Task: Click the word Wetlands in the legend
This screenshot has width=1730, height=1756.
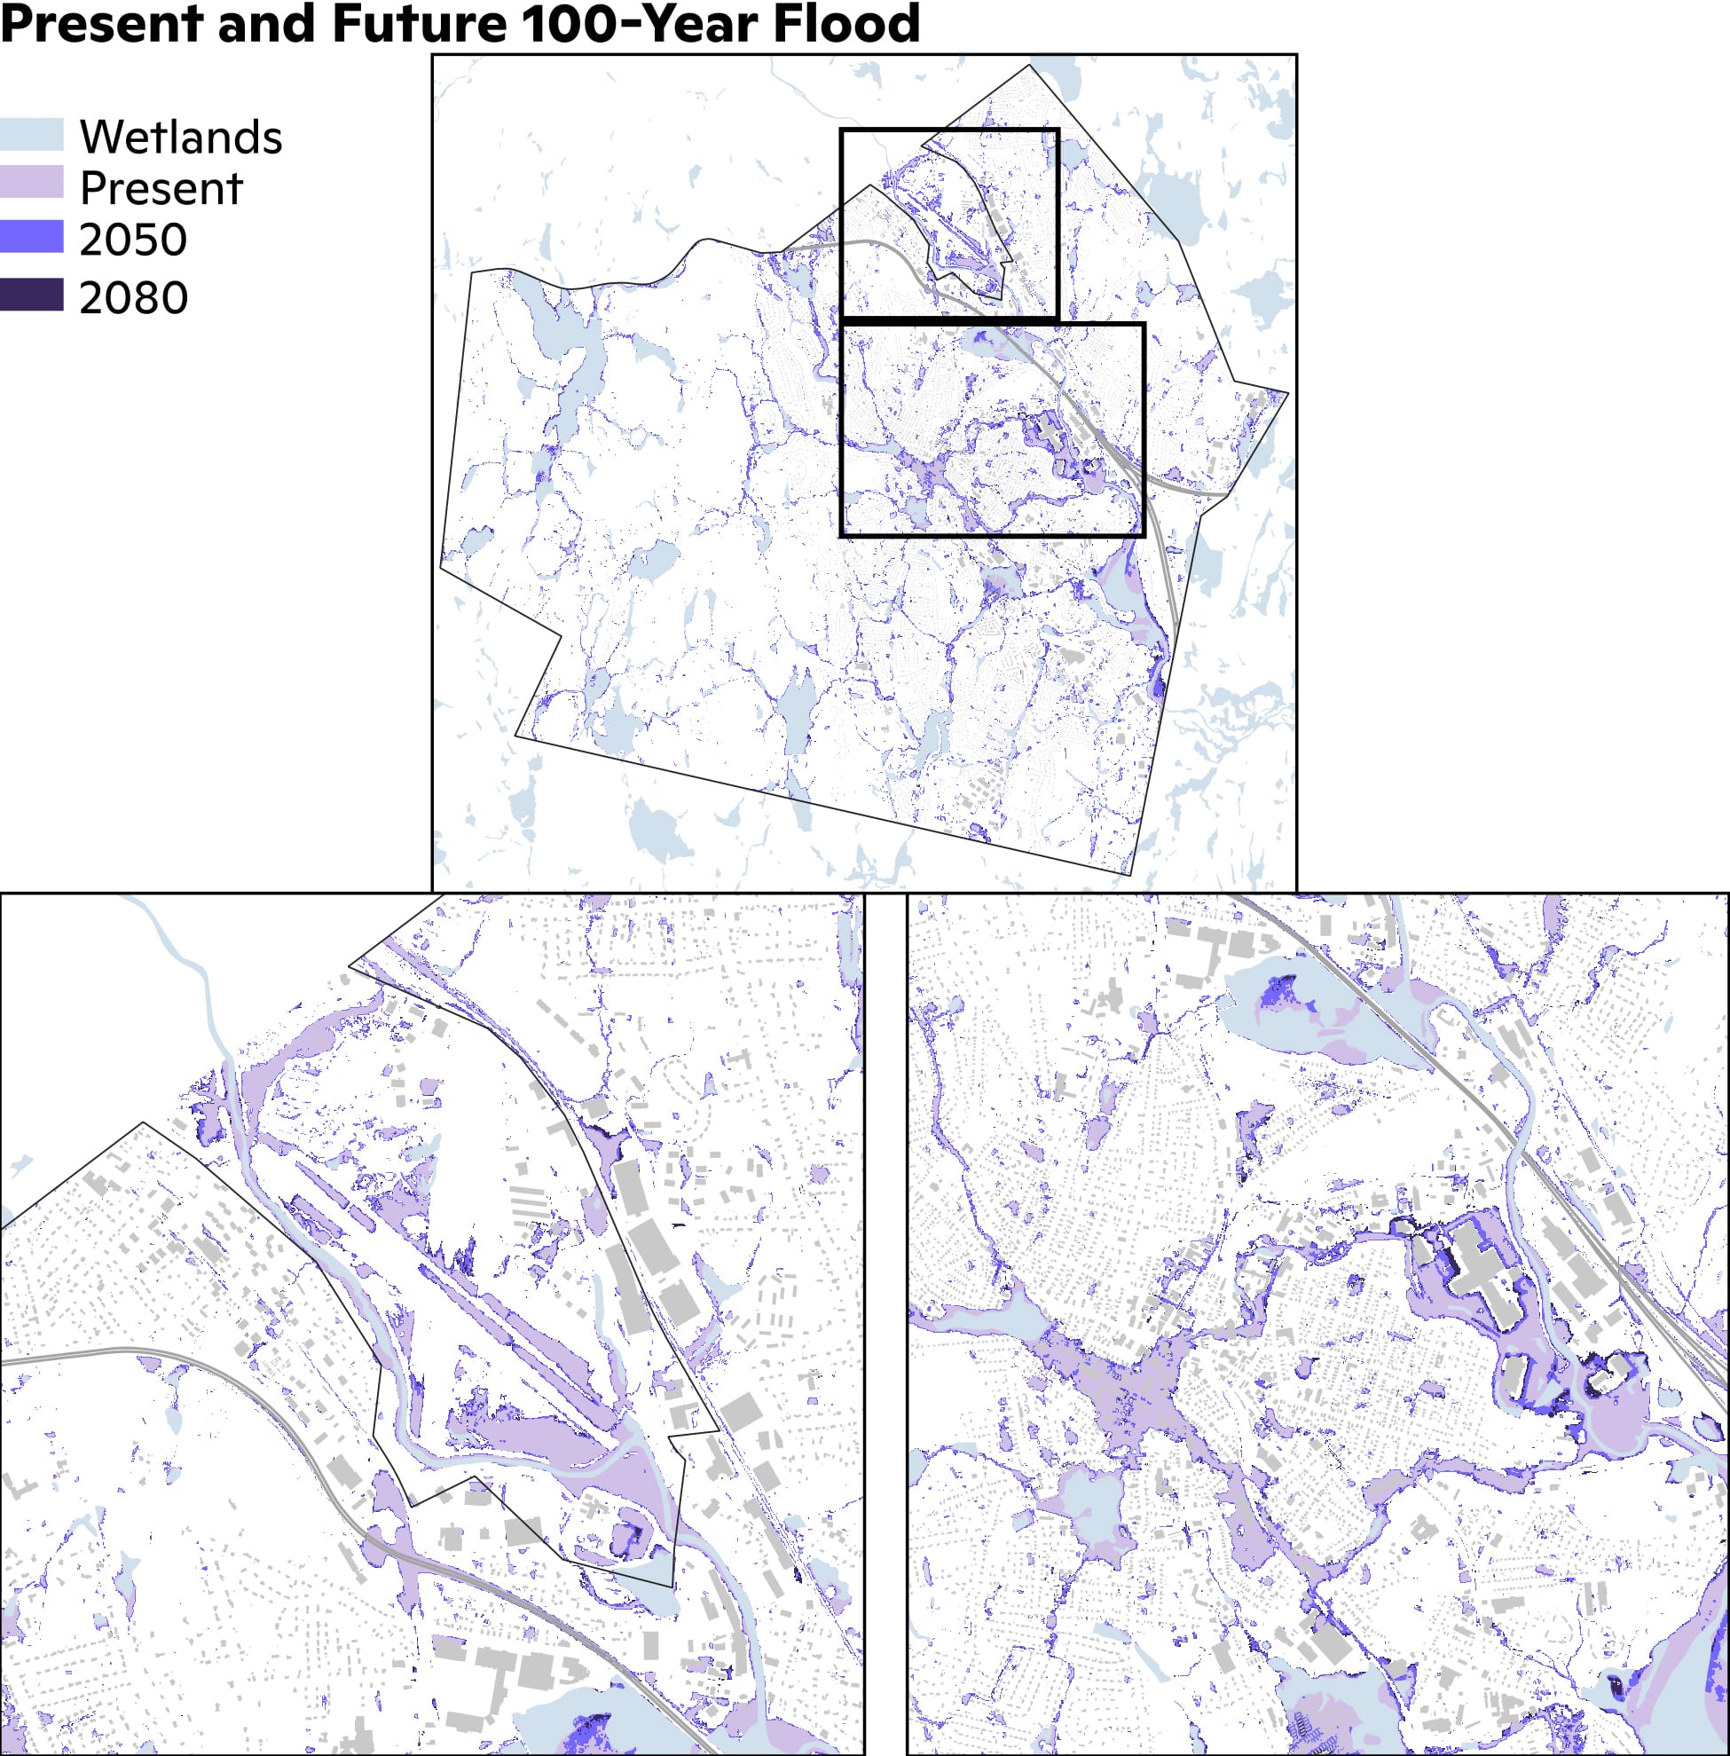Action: coord(181,138)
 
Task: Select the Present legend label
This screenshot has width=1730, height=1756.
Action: coord(161,189)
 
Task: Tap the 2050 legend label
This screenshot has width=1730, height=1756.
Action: coord(133,240)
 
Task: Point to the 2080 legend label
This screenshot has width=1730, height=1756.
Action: coord(134,298)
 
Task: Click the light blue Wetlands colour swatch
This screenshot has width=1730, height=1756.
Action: coord(32,135)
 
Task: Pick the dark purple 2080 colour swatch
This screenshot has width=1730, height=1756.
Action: coord(32,295)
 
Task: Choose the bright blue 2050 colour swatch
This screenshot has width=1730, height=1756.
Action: coord(32,237)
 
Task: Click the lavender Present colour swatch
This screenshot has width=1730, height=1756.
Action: coord(32,182)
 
